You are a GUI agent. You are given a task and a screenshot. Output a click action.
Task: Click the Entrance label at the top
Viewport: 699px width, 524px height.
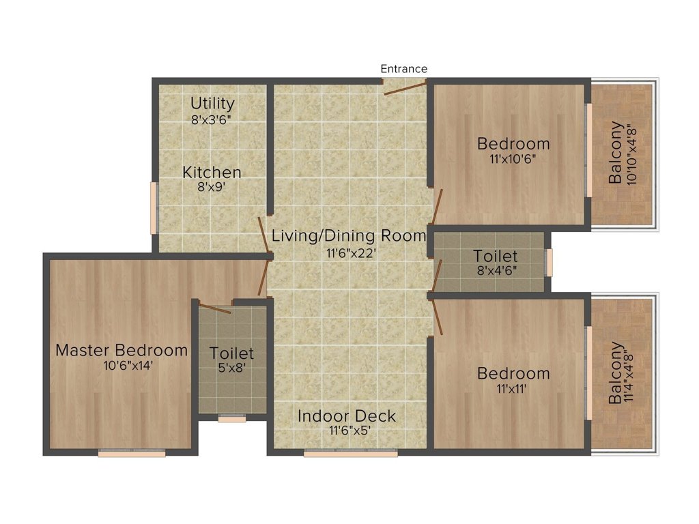coord(403,69)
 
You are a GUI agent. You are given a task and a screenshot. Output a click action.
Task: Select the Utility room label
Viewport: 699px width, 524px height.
coord(212,104)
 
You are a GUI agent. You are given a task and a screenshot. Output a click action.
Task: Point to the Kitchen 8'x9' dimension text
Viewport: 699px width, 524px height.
coord(212,186)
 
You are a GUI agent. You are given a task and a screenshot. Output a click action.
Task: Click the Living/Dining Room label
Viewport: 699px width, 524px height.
coord(349,236)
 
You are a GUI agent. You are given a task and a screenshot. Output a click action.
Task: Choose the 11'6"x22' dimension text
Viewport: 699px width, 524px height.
coord(349,252)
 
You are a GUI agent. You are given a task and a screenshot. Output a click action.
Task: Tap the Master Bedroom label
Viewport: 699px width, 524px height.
coord(122,351)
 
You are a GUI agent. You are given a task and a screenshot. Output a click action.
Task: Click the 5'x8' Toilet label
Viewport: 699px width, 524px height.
coord(232,354)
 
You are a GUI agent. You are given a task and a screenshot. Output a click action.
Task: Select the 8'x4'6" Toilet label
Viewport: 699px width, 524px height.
coord(496,257)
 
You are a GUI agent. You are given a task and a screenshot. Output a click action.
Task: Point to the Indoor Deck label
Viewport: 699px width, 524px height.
coord(347,416)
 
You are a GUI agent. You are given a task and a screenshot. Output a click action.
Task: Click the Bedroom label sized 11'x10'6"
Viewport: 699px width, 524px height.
coord(513,144)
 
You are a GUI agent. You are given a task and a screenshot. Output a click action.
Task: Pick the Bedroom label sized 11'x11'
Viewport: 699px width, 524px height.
coord(513,374)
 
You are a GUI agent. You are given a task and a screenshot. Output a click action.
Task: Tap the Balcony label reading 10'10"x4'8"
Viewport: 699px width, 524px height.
coord(616,153)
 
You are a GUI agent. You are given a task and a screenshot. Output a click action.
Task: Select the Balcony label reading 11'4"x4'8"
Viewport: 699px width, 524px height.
coord(616,373)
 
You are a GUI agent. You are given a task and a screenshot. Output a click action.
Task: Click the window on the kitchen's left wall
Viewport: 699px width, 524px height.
coord(154,207)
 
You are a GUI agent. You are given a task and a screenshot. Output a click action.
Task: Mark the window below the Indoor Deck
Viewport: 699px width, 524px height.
coord(350,452)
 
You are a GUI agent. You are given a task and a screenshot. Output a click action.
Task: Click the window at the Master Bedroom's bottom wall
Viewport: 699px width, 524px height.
coord(132,452)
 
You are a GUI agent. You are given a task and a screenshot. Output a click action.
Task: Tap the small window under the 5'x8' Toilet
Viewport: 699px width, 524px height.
coord(232,419)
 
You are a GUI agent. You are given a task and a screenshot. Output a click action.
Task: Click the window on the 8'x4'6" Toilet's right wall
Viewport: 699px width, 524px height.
coord(549,262)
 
